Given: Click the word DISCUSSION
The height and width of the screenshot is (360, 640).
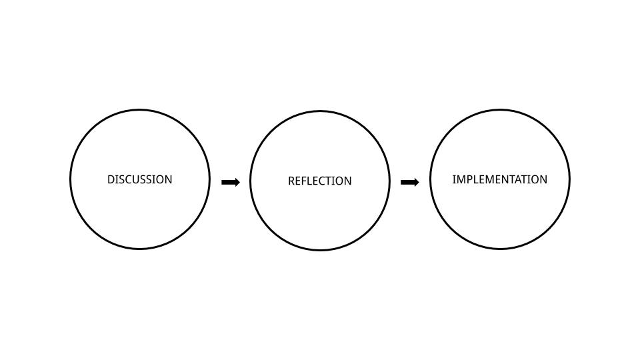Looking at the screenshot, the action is [140, 179].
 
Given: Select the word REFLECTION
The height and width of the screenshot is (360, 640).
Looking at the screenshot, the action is [320, 181].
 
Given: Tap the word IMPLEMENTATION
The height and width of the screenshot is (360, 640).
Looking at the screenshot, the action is [500, 179].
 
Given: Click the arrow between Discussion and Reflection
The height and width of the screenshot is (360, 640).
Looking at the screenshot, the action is [230, 182].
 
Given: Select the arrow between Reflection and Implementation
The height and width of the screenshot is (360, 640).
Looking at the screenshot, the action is [410, 182].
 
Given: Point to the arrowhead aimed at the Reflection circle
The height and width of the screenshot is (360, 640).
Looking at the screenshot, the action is [236, 182].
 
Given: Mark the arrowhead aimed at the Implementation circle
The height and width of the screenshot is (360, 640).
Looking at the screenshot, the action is [416, 182].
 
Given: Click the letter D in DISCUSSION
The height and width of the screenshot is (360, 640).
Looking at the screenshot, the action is [111, 179].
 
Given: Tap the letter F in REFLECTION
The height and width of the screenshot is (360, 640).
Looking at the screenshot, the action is [305, 181].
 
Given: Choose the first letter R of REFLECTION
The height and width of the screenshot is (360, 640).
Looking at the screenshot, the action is [291, 181].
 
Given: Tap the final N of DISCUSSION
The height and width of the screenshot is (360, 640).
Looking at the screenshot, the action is [168, 179].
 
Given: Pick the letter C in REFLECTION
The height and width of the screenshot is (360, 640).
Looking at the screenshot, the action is [323, 181].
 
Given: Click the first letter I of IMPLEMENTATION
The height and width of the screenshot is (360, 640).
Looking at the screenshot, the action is [454, 179].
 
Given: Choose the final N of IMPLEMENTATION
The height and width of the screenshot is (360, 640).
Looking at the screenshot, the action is [543, 179].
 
